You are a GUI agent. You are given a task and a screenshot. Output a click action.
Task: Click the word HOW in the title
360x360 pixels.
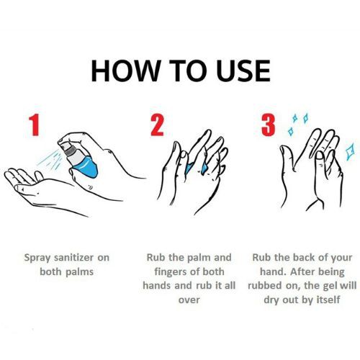click(x=125, y=71)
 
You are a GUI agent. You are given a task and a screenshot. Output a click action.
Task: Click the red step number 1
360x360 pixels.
click(x=34, y=125)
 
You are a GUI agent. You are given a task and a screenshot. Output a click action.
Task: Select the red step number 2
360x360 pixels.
click(x=157, y=125)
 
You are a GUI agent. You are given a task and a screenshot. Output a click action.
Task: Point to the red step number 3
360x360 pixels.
click(x=268, y=125)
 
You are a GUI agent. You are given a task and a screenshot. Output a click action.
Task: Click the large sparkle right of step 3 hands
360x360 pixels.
click(x=349, y=151)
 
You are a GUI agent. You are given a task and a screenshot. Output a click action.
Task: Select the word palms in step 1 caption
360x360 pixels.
click(x=79, y=272)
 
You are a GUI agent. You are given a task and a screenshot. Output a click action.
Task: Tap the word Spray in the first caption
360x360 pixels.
click(x=37, y=258)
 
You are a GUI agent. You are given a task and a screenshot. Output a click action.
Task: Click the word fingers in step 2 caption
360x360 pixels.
click(x=170, y=272)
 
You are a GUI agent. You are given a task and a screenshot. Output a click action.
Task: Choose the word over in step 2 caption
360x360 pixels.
click(x=189, y=300)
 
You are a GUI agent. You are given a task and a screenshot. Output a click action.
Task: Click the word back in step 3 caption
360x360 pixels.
click(x=304, y=258)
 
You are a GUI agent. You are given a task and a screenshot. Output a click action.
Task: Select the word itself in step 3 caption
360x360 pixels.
click(x=328, y=300)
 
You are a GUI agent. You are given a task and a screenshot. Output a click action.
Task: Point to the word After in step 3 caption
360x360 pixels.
click(x=302, y=271)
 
